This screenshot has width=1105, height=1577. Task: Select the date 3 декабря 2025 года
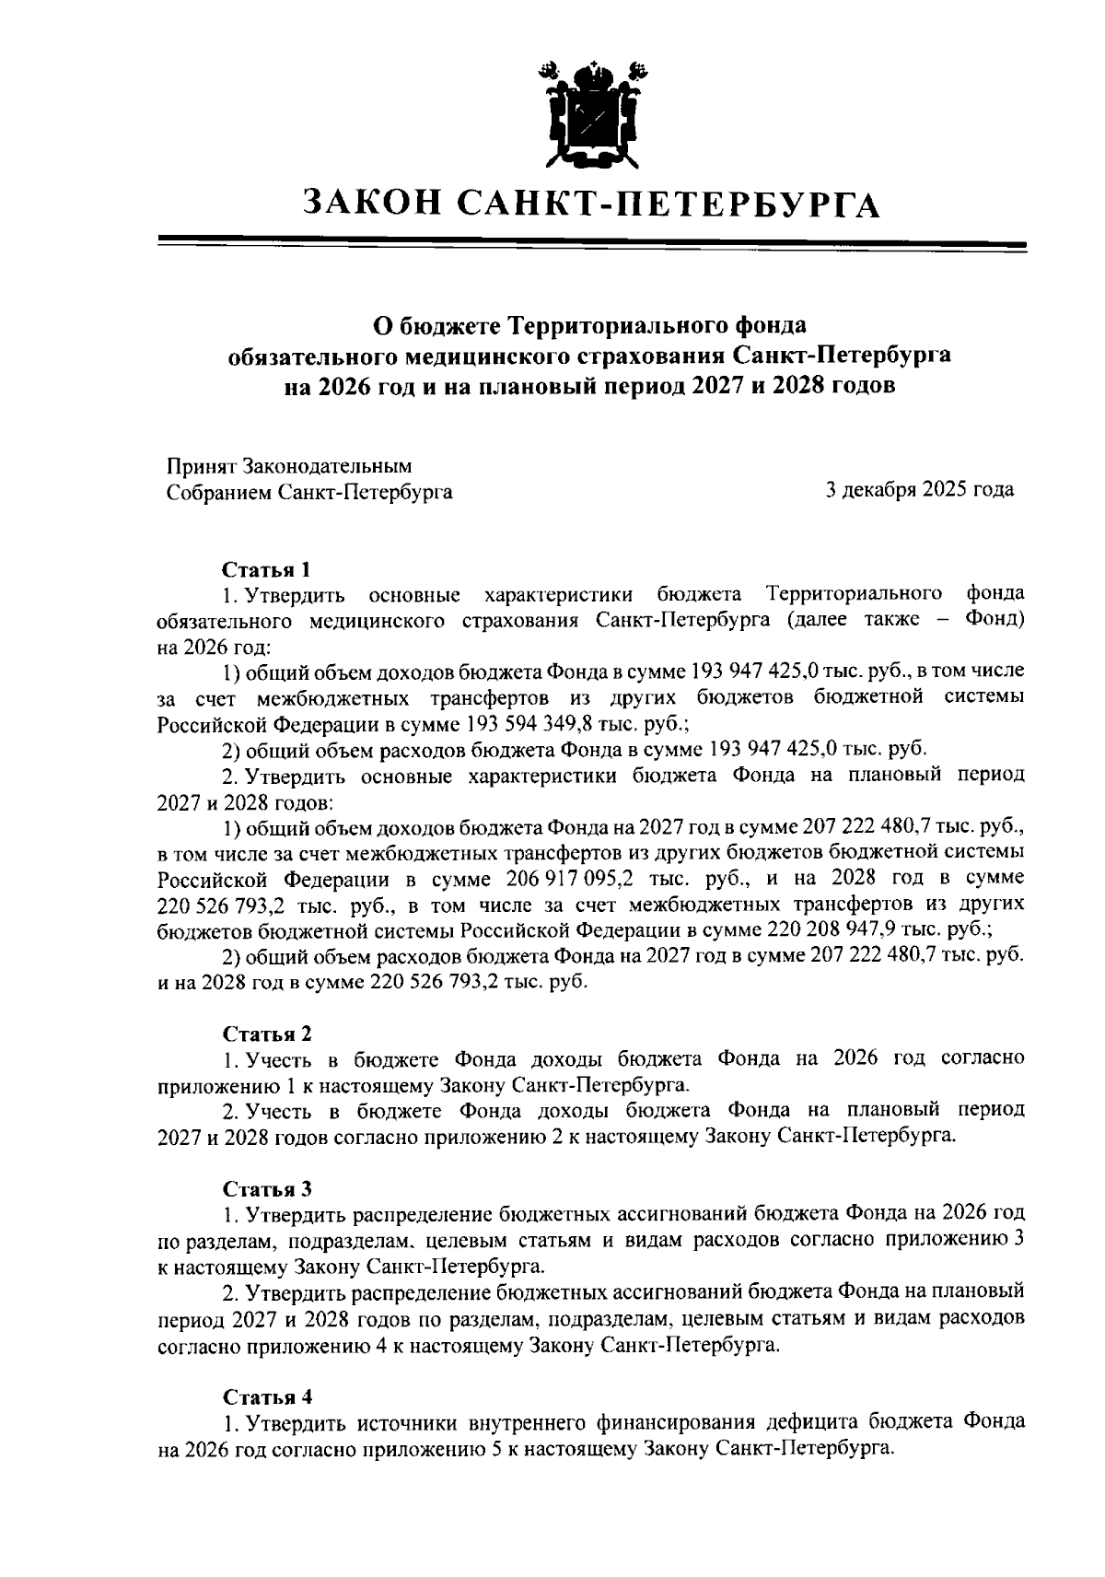920,490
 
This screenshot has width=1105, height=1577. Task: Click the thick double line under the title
592,244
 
